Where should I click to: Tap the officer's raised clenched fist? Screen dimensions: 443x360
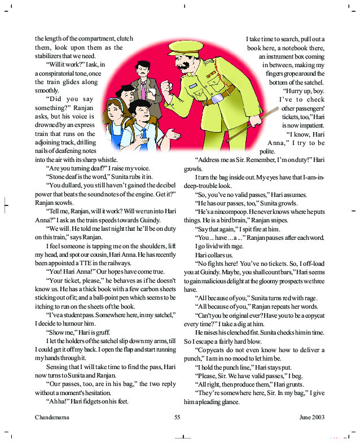[167, 89]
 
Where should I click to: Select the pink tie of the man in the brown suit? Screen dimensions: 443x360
[143, 90]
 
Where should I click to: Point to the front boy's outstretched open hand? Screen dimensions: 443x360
[175, 135]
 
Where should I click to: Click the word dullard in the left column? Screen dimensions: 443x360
[72, 185]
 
